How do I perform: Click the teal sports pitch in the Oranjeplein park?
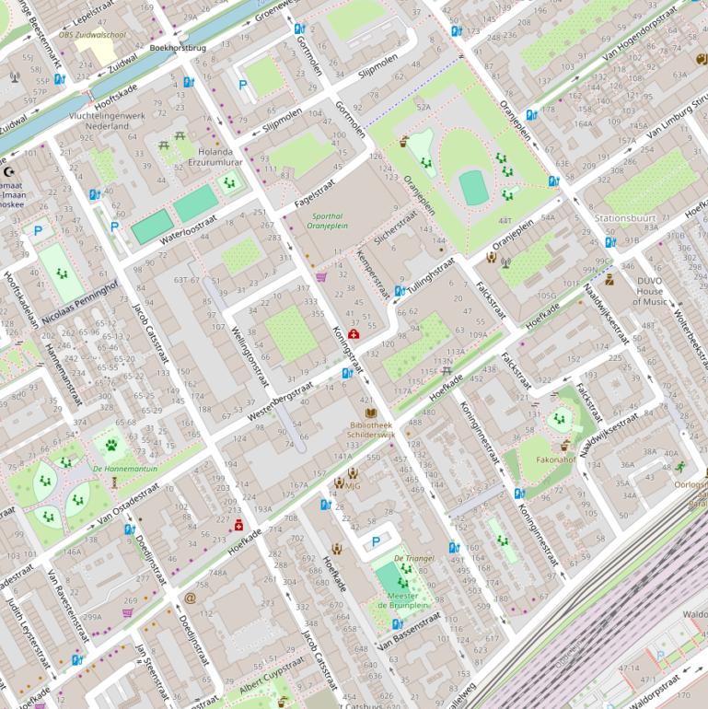point(473,187)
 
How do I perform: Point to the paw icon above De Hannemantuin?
point(111,446)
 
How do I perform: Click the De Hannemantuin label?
point(125,469)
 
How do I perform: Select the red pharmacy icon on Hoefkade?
point(239,524)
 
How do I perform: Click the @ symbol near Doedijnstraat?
point(190,598)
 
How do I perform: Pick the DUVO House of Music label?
point(650,291)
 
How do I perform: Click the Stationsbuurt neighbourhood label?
point(625,219)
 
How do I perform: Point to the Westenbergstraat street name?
point(280,402)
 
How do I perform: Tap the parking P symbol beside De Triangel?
point(375,541)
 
